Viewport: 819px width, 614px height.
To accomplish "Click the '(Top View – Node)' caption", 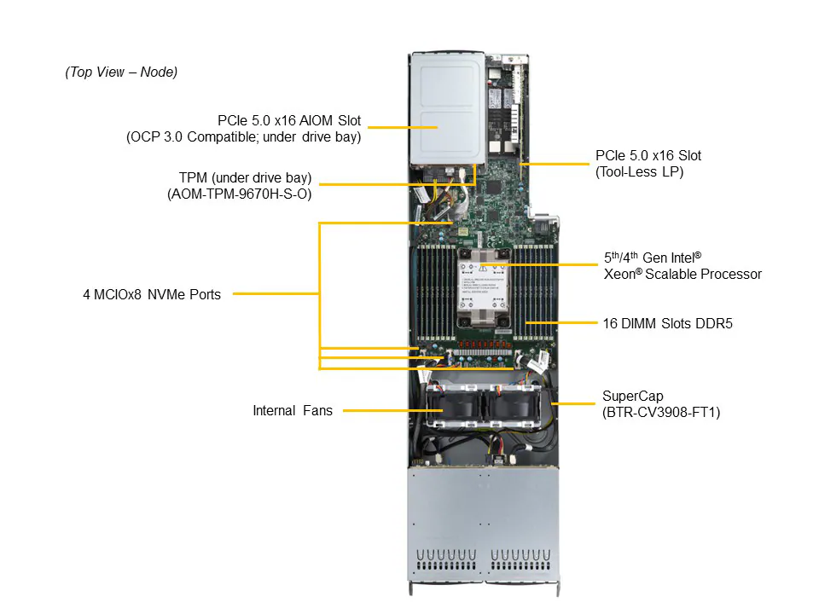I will tap(121, 72).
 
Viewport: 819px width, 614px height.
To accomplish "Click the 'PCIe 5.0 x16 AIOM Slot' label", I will tap(288, 120).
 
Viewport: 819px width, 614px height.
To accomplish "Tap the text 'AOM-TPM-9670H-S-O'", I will tap(241, 194).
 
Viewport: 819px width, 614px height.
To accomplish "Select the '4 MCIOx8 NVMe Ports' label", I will tap(152, 295).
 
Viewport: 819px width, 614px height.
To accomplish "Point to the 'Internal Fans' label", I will tap(292, 411).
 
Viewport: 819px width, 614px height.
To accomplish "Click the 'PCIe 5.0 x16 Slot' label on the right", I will tap(648, 156).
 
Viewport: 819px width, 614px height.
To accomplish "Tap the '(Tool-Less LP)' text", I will tap(639, 171).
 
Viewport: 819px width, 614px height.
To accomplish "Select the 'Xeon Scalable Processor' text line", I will tap(682, 275).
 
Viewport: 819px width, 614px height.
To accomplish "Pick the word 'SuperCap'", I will tap(632, 396).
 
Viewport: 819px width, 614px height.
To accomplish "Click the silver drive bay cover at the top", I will tap(447, 107).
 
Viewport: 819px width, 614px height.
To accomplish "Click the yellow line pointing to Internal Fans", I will tap(384, 411).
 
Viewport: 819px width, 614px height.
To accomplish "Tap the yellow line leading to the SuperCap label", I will tap(572, 402).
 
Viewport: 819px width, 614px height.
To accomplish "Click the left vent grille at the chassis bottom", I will tap(444, 563).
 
